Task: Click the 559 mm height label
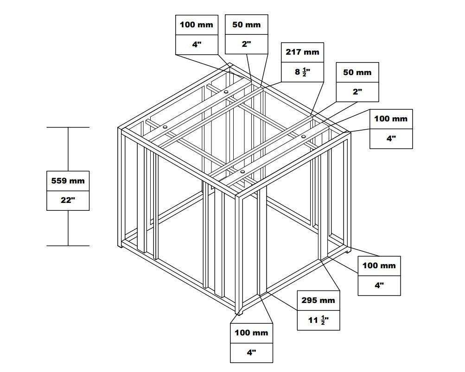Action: [68, 181]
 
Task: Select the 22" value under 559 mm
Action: [68, 201]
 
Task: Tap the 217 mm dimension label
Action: [302, 52]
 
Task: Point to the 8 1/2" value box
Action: [302, 72]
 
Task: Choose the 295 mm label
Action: [318, 300]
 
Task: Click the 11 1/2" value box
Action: [318, 320]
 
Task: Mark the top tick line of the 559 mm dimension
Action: [68, 127]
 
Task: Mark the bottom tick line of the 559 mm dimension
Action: [68, 246]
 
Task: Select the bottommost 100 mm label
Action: [251, 333]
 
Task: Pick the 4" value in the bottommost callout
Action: [251, 353]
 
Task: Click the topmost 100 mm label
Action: [197, 25]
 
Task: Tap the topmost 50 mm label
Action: [246, 25]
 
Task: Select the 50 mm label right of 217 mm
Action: [357, 72]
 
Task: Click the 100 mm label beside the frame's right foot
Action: [379, 265]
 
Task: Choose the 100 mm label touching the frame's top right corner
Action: [391, 119]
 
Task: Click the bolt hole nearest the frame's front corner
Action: [242, 172]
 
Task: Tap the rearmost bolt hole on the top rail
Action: [226, 92]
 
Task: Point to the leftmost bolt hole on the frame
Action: [165, 127]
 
